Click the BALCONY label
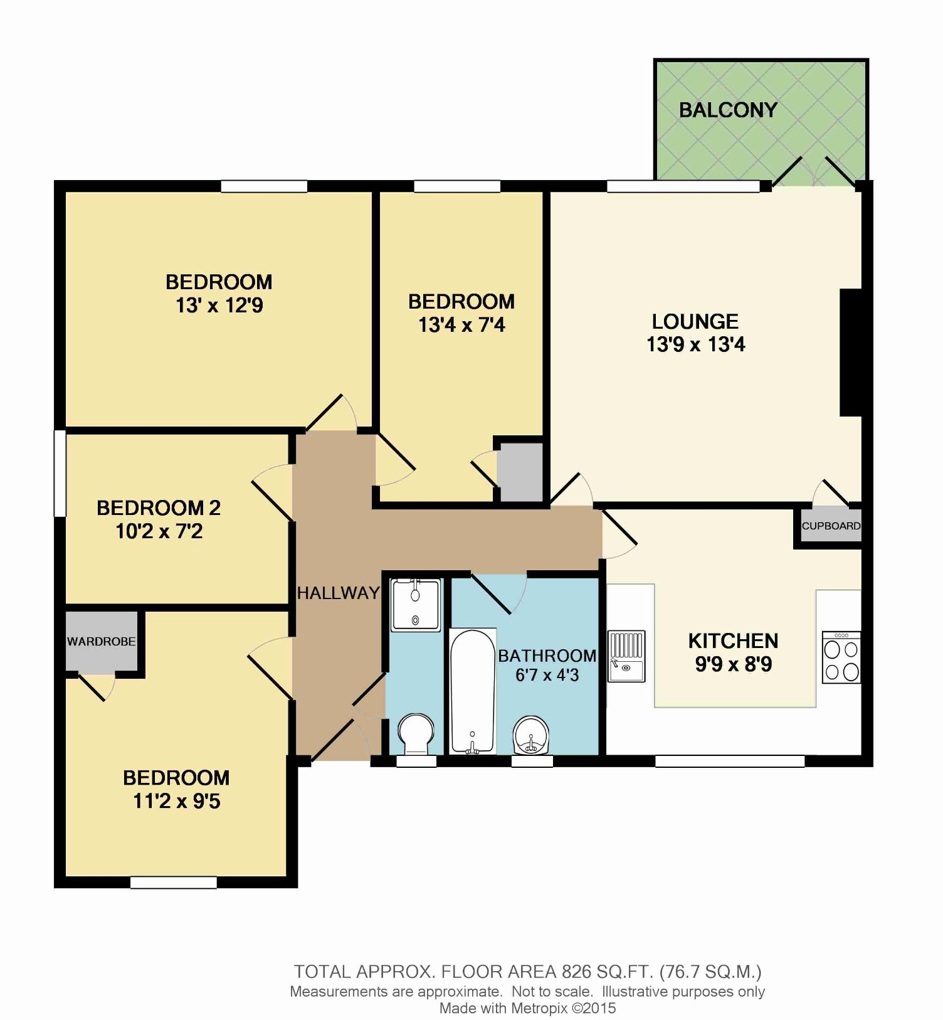point(728,110)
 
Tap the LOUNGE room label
point(695,321)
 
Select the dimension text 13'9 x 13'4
point(696,344)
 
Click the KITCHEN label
point(733,640)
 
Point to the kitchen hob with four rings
point(841,657)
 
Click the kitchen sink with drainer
point(627,656)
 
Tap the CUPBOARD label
point(831,526)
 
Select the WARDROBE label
point(101,641)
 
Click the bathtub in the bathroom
point(473,691)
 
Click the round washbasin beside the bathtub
point(531,735)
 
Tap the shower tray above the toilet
point(416,605)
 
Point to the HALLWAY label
point(338,593)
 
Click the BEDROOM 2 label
point(159,507)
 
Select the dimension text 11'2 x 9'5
point(177,801)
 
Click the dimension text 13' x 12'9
point(219,305)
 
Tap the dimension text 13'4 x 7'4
point(462,325)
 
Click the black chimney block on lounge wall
point(851,353)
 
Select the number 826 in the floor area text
point(576,972)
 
